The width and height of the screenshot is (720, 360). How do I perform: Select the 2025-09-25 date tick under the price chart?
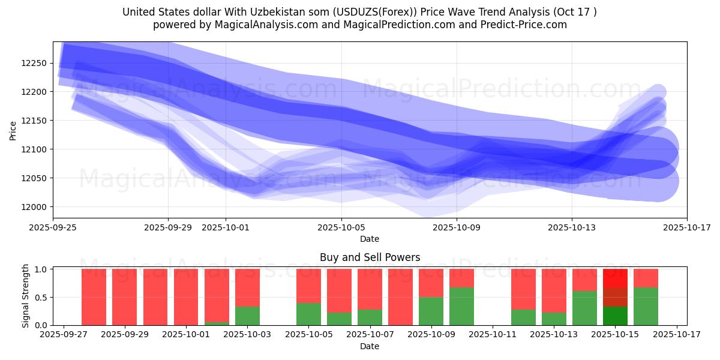coord(53,227)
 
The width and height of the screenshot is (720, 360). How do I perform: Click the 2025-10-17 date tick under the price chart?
coord(687,227)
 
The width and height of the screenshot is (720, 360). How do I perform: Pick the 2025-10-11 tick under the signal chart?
coord(492,335)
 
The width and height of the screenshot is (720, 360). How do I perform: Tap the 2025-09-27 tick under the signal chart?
coord(63,335)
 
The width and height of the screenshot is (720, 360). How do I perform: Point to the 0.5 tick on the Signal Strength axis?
coord(42,297)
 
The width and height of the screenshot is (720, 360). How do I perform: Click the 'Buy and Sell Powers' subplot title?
coord(370,257)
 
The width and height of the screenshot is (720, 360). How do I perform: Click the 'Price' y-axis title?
coord(13,130)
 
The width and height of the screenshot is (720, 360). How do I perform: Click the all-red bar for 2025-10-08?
coord(400,297)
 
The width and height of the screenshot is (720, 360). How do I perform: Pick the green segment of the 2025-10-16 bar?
coord(646,306)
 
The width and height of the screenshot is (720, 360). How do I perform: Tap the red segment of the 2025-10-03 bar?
coord(247,287)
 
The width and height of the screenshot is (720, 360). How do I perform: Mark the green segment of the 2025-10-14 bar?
coord(584,308)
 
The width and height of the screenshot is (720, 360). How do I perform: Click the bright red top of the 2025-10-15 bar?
coord(615,278)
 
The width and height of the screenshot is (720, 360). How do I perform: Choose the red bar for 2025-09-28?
coord(94,297)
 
